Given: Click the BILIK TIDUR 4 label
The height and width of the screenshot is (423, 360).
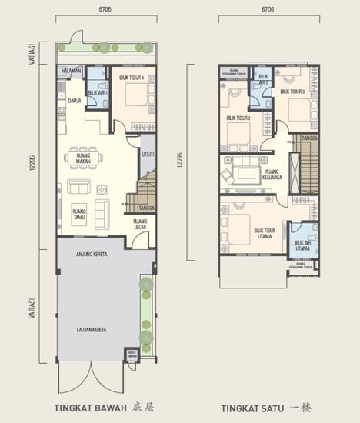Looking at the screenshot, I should click(x=132, y=78).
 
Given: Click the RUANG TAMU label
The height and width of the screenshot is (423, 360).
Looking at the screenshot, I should click(x=78, y=213).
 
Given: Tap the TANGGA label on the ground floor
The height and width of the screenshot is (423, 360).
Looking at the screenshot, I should click(x=146, y=208).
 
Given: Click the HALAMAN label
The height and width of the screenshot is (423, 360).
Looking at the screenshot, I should click(x=71, y=70).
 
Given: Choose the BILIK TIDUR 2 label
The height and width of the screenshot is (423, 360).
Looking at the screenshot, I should click(x=238, y=118).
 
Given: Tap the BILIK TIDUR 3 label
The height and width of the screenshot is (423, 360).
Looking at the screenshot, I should click(x=292, y=92).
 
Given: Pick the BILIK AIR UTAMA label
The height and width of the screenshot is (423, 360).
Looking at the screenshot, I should click(x=303, y=245).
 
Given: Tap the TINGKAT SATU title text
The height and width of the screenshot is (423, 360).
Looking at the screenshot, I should click(x=250, y=407).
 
